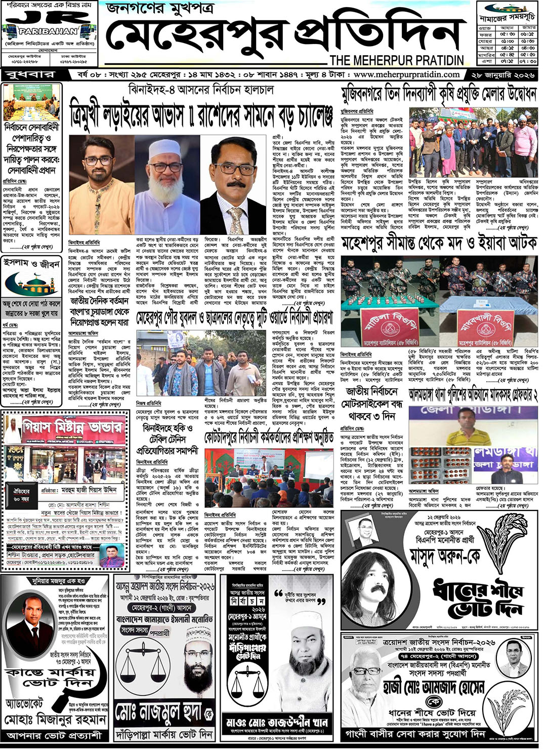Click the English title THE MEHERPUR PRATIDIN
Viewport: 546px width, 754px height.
click(x=396, y=60)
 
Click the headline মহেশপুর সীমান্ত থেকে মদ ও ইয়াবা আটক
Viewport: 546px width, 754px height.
click(x=438, y=244)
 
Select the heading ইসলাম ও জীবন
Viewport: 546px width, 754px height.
click(x=31, y=263)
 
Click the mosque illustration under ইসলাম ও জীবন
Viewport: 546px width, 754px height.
click(x=31, y=284)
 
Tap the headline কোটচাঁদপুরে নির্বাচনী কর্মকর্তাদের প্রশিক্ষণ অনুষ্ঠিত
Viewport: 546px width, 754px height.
click(x=269, y=437)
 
